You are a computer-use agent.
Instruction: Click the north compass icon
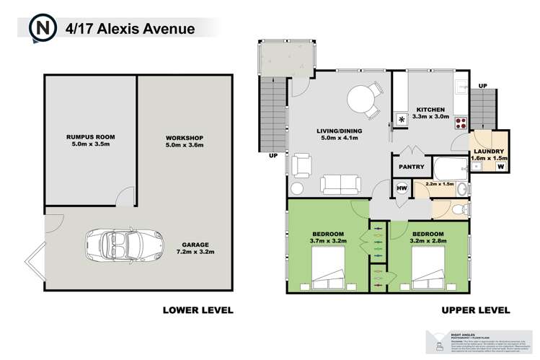pos(40,28)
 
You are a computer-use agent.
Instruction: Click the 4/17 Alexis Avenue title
pos(129,29)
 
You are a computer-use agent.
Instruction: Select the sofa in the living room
pos(340,185)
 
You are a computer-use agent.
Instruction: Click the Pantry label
pos(409,166)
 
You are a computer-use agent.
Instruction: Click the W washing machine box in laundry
pos(500,167)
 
